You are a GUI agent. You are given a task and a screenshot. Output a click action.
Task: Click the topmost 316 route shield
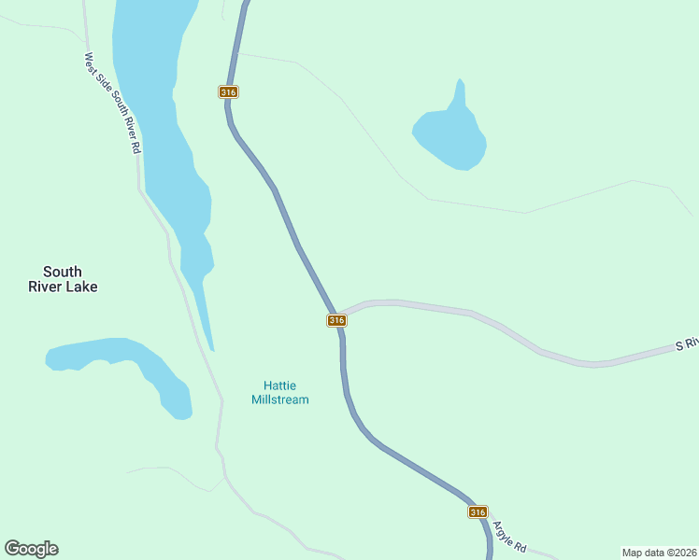tap(229, 91)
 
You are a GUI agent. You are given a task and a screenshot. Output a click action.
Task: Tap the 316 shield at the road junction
tap(336, 320)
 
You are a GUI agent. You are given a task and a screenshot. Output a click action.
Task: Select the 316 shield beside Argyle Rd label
tap(478, 512)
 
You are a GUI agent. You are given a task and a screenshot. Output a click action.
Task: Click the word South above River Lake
tap(63, 273)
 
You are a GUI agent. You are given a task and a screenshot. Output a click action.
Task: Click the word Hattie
tap(279, 385)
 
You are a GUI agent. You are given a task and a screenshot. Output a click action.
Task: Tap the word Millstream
tap(280, 399)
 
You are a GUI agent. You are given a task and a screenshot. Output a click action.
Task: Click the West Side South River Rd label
tap(112, 103)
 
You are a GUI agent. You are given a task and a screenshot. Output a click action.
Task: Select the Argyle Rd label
tap(510, 536)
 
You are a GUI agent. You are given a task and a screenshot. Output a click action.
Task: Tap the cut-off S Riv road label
tap(687, 344)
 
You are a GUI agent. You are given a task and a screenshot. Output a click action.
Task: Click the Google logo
tap(31, 549)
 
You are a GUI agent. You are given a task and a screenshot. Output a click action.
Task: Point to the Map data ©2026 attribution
tap(660, 552)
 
